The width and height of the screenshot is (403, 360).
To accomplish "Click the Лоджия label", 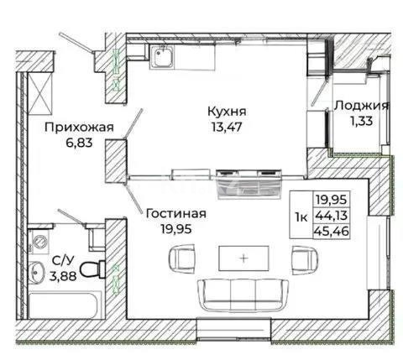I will (x=361, y=106).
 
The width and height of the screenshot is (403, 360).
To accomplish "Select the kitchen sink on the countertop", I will (x=163, y=57).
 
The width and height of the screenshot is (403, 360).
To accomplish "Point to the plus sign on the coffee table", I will (x=243, y=258).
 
